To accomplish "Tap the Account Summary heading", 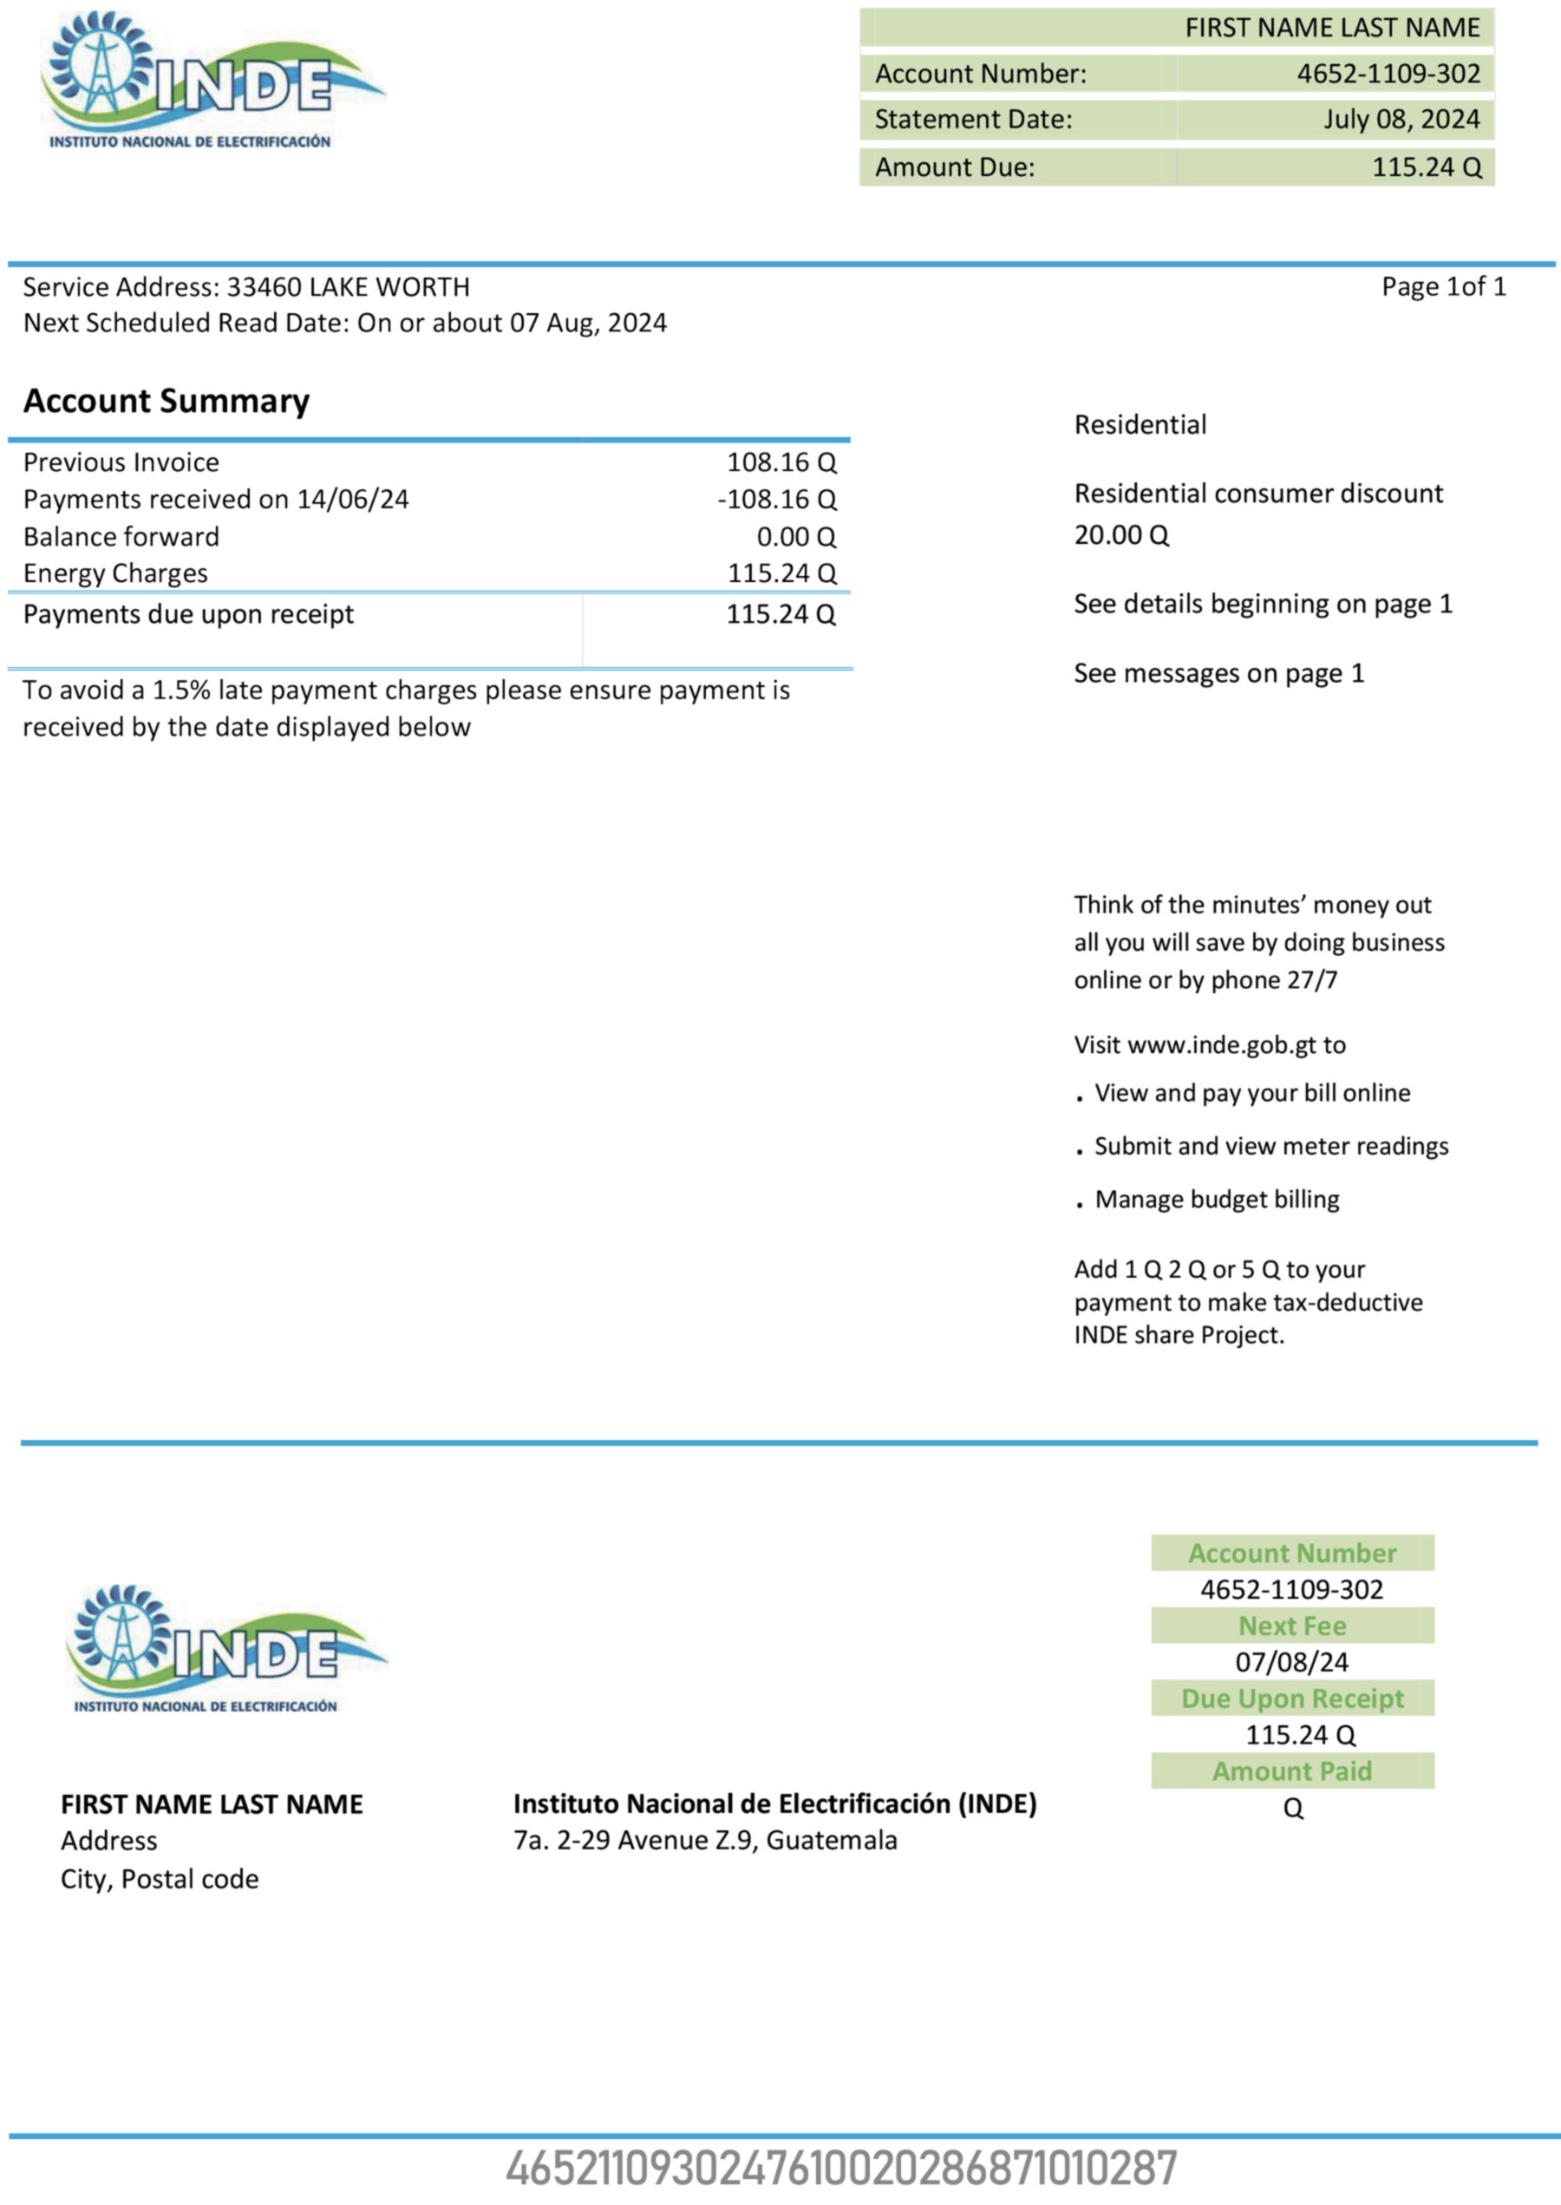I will click(167, 401).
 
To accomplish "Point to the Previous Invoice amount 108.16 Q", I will click(780, 462).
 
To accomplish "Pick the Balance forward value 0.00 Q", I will click(796, 536).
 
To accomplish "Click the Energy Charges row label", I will click(115, 574).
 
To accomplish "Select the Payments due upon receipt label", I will click(188, 614).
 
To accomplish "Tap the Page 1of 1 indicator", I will click(1443, 286).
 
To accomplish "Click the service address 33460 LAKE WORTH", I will click(348, 287).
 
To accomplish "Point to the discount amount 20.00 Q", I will click(1120, 535).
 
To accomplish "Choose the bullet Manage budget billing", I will click(1216, 1200).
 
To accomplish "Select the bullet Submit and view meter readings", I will click(1270, 1147).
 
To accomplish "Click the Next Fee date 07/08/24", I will click(1292, 1662).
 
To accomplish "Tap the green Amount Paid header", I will click(1292, 1770).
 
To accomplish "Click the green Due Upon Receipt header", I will click(1292, 1698).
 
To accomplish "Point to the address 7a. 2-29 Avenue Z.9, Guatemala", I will click(704, 1841).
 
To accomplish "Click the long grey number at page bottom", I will click(841, 2169).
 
